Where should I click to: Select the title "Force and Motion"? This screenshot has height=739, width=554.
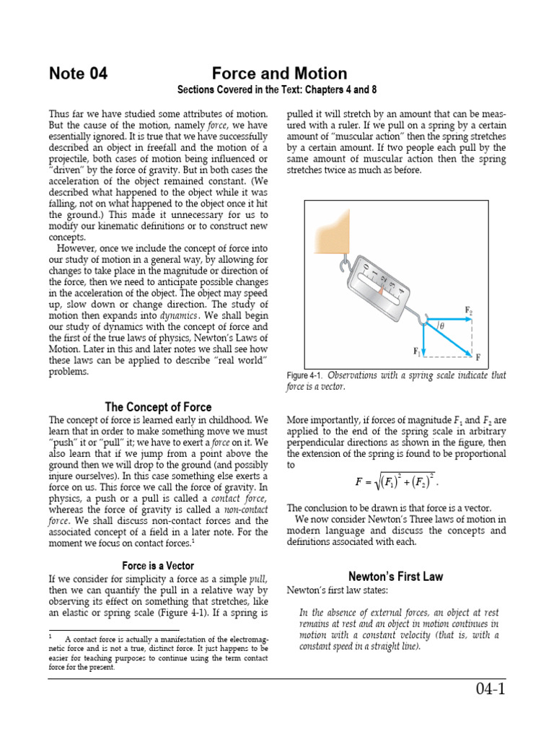pyautogui.click(x=279, y=74)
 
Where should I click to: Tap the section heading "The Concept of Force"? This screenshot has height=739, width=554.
pyautogui.click(x=158, y=406)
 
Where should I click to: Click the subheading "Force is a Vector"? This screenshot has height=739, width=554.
pyautogui.click(x=158, y=566)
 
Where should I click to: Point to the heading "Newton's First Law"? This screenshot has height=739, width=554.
pyautogui.click(x=395, y=577)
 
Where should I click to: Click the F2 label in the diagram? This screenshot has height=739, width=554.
pyautogui.click(x=468, y=310)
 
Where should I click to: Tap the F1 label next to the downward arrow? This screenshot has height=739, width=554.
pyautogui.click(x=417, y=351)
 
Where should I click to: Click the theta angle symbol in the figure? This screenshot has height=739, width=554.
pyautogui.click(x=441, y=325)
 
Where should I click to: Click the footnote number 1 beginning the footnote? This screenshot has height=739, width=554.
pyautogui.click(x=51, y=637)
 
